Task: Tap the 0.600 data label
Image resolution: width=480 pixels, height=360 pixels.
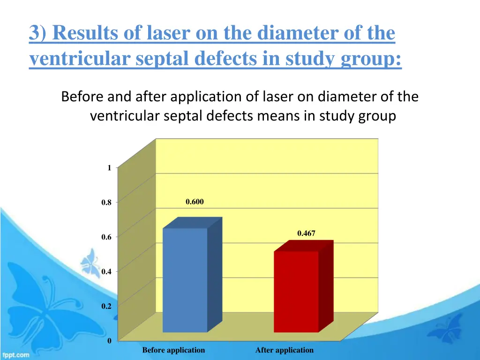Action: point(195,202)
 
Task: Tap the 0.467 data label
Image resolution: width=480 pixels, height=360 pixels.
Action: point(306,233)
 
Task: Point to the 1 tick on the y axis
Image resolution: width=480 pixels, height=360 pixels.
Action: point(109,168)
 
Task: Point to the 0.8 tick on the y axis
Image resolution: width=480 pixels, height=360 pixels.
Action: point(106,203)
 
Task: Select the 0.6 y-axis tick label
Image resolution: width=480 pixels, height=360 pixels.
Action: point(106,237)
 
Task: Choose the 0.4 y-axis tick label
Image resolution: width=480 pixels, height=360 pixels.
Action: point(106,271)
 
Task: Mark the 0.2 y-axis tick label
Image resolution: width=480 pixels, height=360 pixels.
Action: point(106,307)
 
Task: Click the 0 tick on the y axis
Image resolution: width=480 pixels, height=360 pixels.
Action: point(109,341)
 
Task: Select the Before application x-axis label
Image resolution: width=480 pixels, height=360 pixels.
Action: point(173,350)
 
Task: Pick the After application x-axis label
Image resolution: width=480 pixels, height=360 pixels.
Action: point(284,350)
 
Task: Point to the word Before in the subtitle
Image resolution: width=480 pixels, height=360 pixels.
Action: point(83,97)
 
